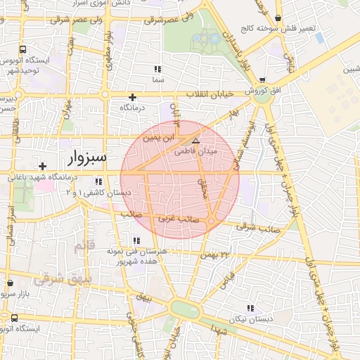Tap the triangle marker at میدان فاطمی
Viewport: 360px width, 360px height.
195,141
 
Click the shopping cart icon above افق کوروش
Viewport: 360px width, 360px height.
262,80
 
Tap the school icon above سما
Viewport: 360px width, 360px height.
157,69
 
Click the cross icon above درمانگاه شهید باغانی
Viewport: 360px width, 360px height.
43,167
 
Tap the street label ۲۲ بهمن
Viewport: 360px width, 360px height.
215,255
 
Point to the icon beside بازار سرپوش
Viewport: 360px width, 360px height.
10,283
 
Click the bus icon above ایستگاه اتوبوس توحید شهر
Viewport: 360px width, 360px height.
23,50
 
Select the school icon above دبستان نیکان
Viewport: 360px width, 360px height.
250,308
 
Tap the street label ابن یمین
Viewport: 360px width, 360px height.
158,139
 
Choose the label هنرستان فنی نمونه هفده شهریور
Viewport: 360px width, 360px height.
137,257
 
